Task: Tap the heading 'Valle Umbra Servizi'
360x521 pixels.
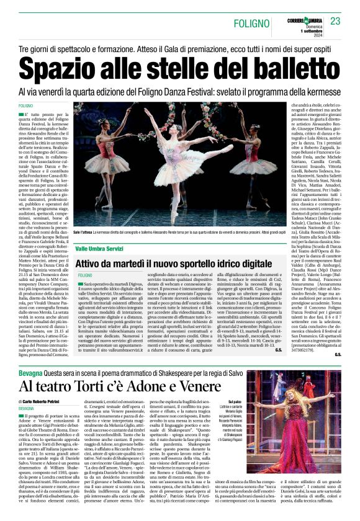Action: pyautogui.click(x=99, y=247)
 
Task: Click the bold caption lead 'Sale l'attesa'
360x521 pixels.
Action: pyautogui.click(x=83, y=230)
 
